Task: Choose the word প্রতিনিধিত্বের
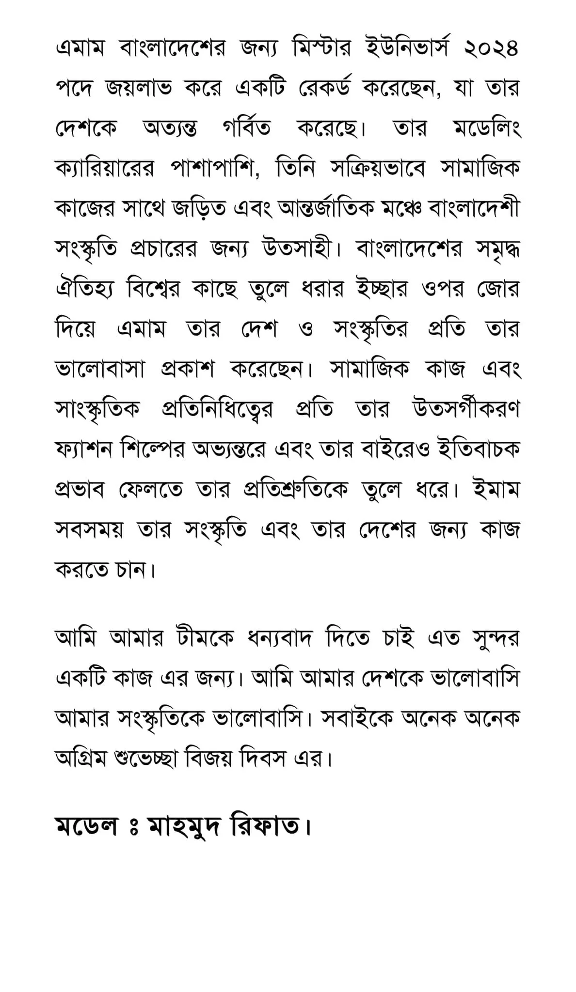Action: point(217,410)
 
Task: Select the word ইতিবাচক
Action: point(478,450)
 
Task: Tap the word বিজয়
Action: point(211,759)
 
